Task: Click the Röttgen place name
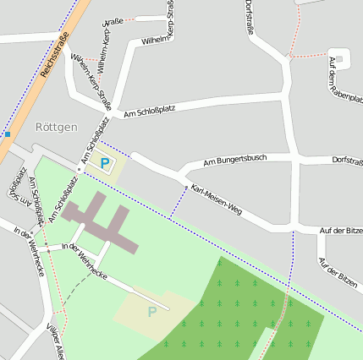click(57, 127)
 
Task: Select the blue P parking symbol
click(105, 163)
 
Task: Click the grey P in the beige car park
click(152, 312)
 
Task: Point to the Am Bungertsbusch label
click(236, 159)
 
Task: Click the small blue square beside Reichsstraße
click(7, 134)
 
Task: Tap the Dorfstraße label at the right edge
click(347, 159)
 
